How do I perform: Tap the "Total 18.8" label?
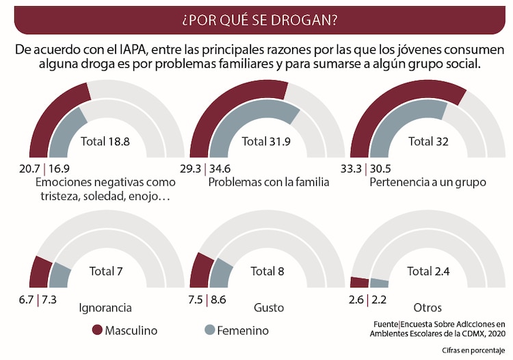pyautogui.click(x=105, y=142)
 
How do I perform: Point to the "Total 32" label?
pyautogui.click(x=428, y=142)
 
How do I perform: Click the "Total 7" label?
pyautogui.click(x=106, y=271)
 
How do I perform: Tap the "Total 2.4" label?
pyautogui.click(x=428, y=271)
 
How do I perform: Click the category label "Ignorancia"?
pyautogui.click(x=105, y=308)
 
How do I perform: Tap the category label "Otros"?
pyautogui.click(x=428, y=308)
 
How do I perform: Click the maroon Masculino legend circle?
pyautogui.click(x=96, y=331)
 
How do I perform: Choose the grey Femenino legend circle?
pyautogui.click(x=209, y=331)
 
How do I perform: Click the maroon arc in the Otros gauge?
pyautogui.click(x=359, y=283)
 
